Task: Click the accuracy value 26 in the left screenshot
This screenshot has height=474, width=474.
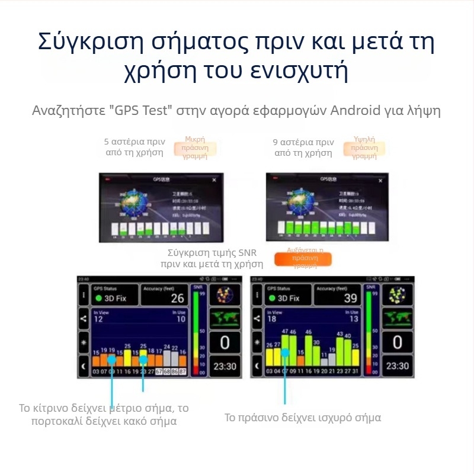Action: point(177,298)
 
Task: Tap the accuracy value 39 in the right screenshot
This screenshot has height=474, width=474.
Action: point(351,298)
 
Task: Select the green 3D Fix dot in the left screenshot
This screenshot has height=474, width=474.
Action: point(99,298)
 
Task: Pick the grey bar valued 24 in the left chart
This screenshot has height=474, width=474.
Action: point(166,359)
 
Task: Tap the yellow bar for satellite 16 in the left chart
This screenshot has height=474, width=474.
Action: point(127,357)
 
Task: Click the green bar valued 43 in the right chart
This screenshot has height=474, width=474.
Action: point(340,353)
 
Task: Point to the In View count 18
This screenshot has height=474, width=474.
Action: point(272,319)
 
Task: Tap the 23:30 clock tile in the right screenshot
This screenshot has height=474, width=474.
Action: point(397,366)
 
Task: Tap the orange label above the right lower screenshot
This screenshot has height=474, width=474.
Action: point(303,259)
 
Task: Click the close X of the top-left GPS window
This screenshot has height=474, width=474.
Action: point(214,179)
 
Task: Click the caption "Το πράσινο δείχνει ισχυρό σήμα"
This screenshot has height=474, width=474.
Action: point(302,418)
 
